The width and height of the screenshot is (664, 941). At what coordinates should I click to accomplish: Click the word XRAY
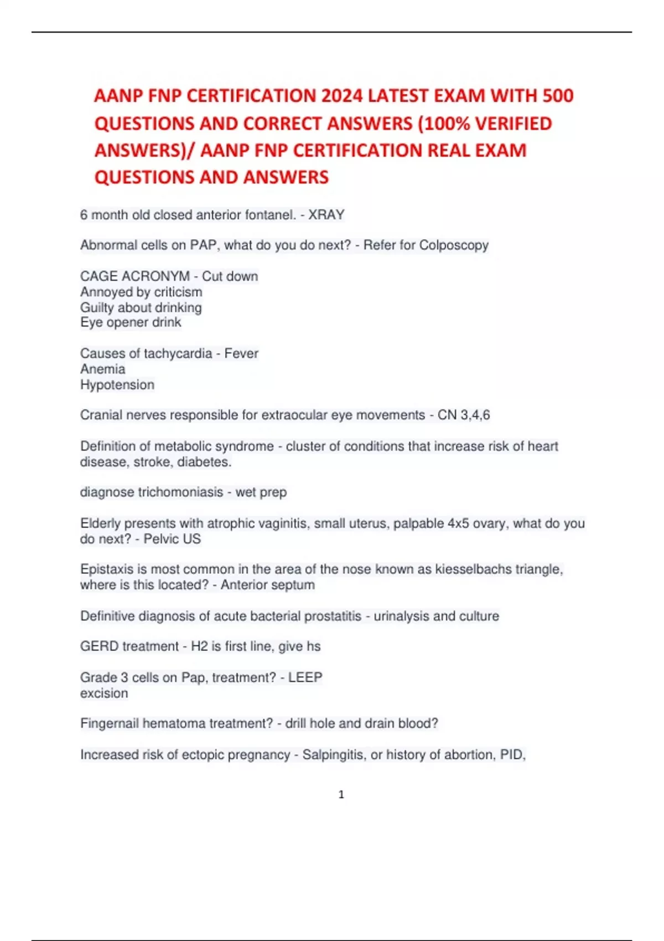click(x=326, y=215)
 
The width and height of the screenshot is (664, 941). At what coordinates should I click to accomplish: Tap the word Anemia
click(x=102, y=369)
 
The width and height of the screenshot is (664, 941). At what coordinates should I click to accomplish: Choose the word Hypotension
click(x=117, y=385)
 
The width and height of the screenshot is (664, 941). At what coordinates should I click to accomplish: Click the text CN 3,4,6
click(x=464, y=415)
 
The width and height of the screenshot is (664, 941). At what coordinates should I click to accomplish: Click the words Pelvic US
click(x=172, y=539)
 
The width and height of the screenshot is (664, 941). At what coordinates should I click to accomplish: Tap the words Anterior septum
click(x=268, y=585)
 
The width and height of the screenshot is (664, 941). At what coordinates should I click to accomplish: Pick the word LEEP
click(x=305, y=678)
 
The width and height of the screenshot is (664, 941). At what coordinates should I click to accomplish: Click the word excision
click(x=104, y=693)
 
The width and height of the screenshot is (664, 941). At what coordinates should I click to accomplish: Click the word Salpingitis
click(x=334, y=755)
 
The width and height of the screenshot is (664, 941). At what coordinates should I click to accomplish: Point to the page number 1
click(x=341, y=795)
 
